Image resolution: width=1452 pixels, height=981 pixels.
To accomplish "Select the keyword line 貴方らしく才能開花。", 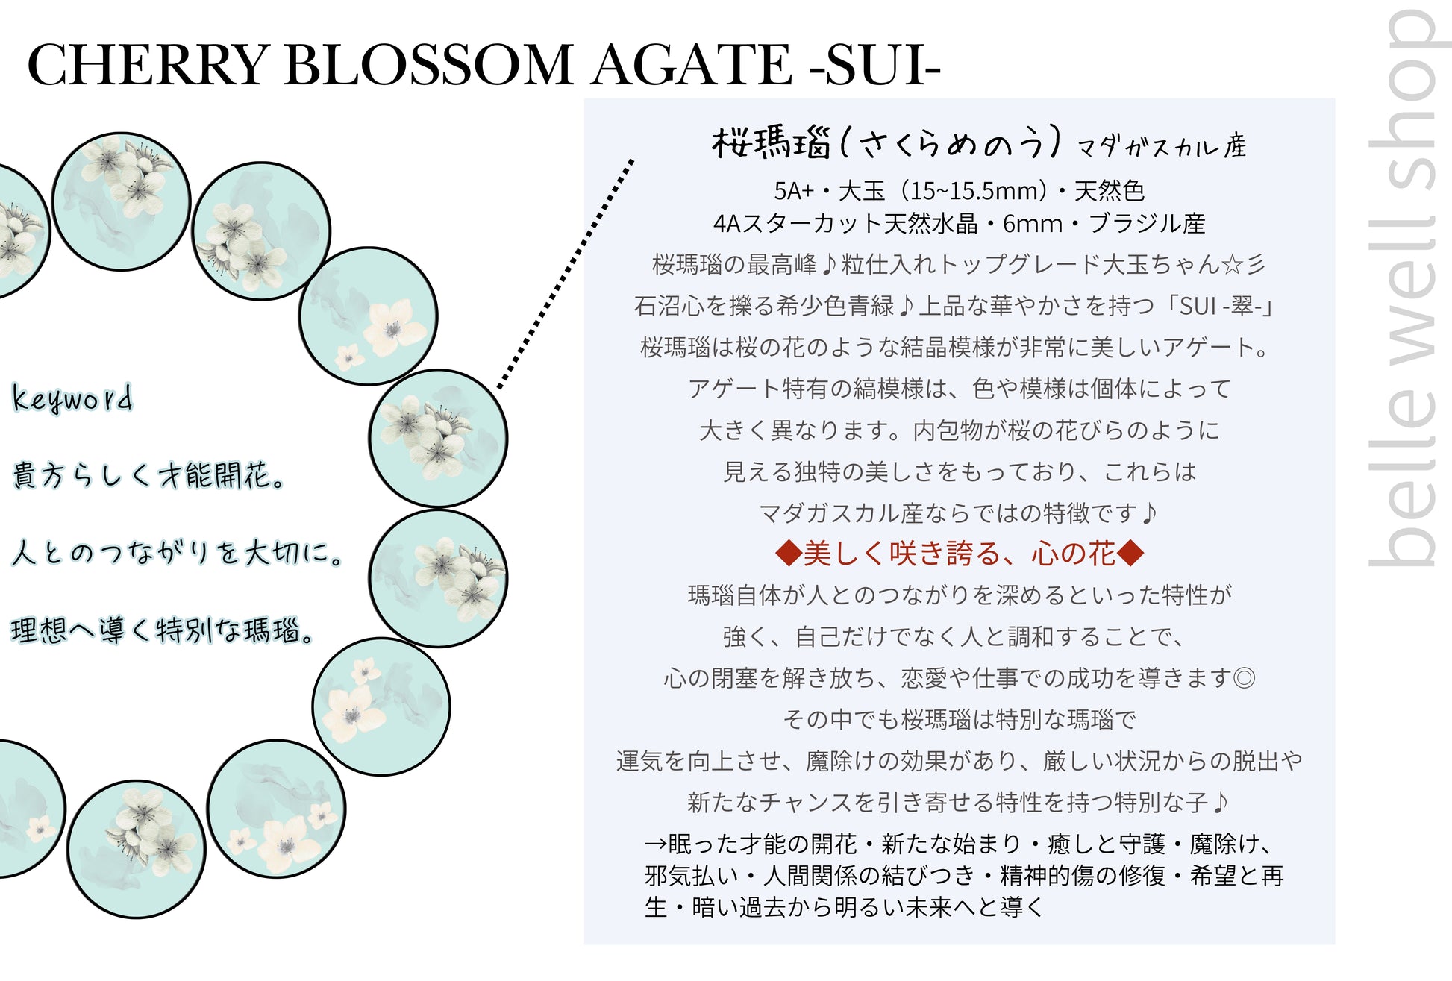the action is [148, 475].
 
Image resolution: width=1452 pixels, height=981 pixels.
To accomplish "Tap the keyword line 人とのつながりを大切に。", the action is [177, 553].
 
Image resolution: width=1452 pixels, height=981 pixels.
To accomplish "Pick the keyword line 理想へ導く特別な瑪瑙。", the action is [162, 630].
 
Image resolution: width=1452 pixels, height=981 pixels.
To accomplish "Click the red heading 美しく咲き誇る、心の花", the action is [959, 554].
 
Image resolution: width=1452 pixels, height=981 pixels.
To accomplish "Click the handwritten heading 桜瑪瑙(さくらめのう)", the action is [885, 142].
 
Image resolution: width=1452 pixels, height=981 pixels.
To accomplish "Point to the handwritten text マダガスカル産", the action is [1162, 146].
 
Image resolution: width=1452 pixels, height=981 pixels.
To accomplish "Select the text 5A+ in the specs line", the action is [794, 191].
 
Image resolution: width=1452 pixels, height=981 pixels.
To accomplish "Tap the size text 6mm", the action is [1033, 223].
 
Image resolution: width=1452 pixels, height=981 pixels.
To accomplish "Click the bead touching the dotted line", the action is [438, 439].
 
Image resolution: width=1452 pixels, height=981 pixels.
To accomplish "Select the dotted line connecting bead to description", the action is [565, 274].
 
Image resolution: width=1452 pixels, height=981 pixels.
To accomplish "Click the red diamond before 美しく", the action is [788, 554].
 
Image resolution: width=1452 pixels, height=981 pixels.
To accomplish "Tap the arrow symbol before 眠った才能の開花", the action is [656, 844].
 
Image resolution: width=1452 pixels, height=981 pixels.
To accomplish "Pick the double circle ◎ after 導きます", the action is [1244, 678].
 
